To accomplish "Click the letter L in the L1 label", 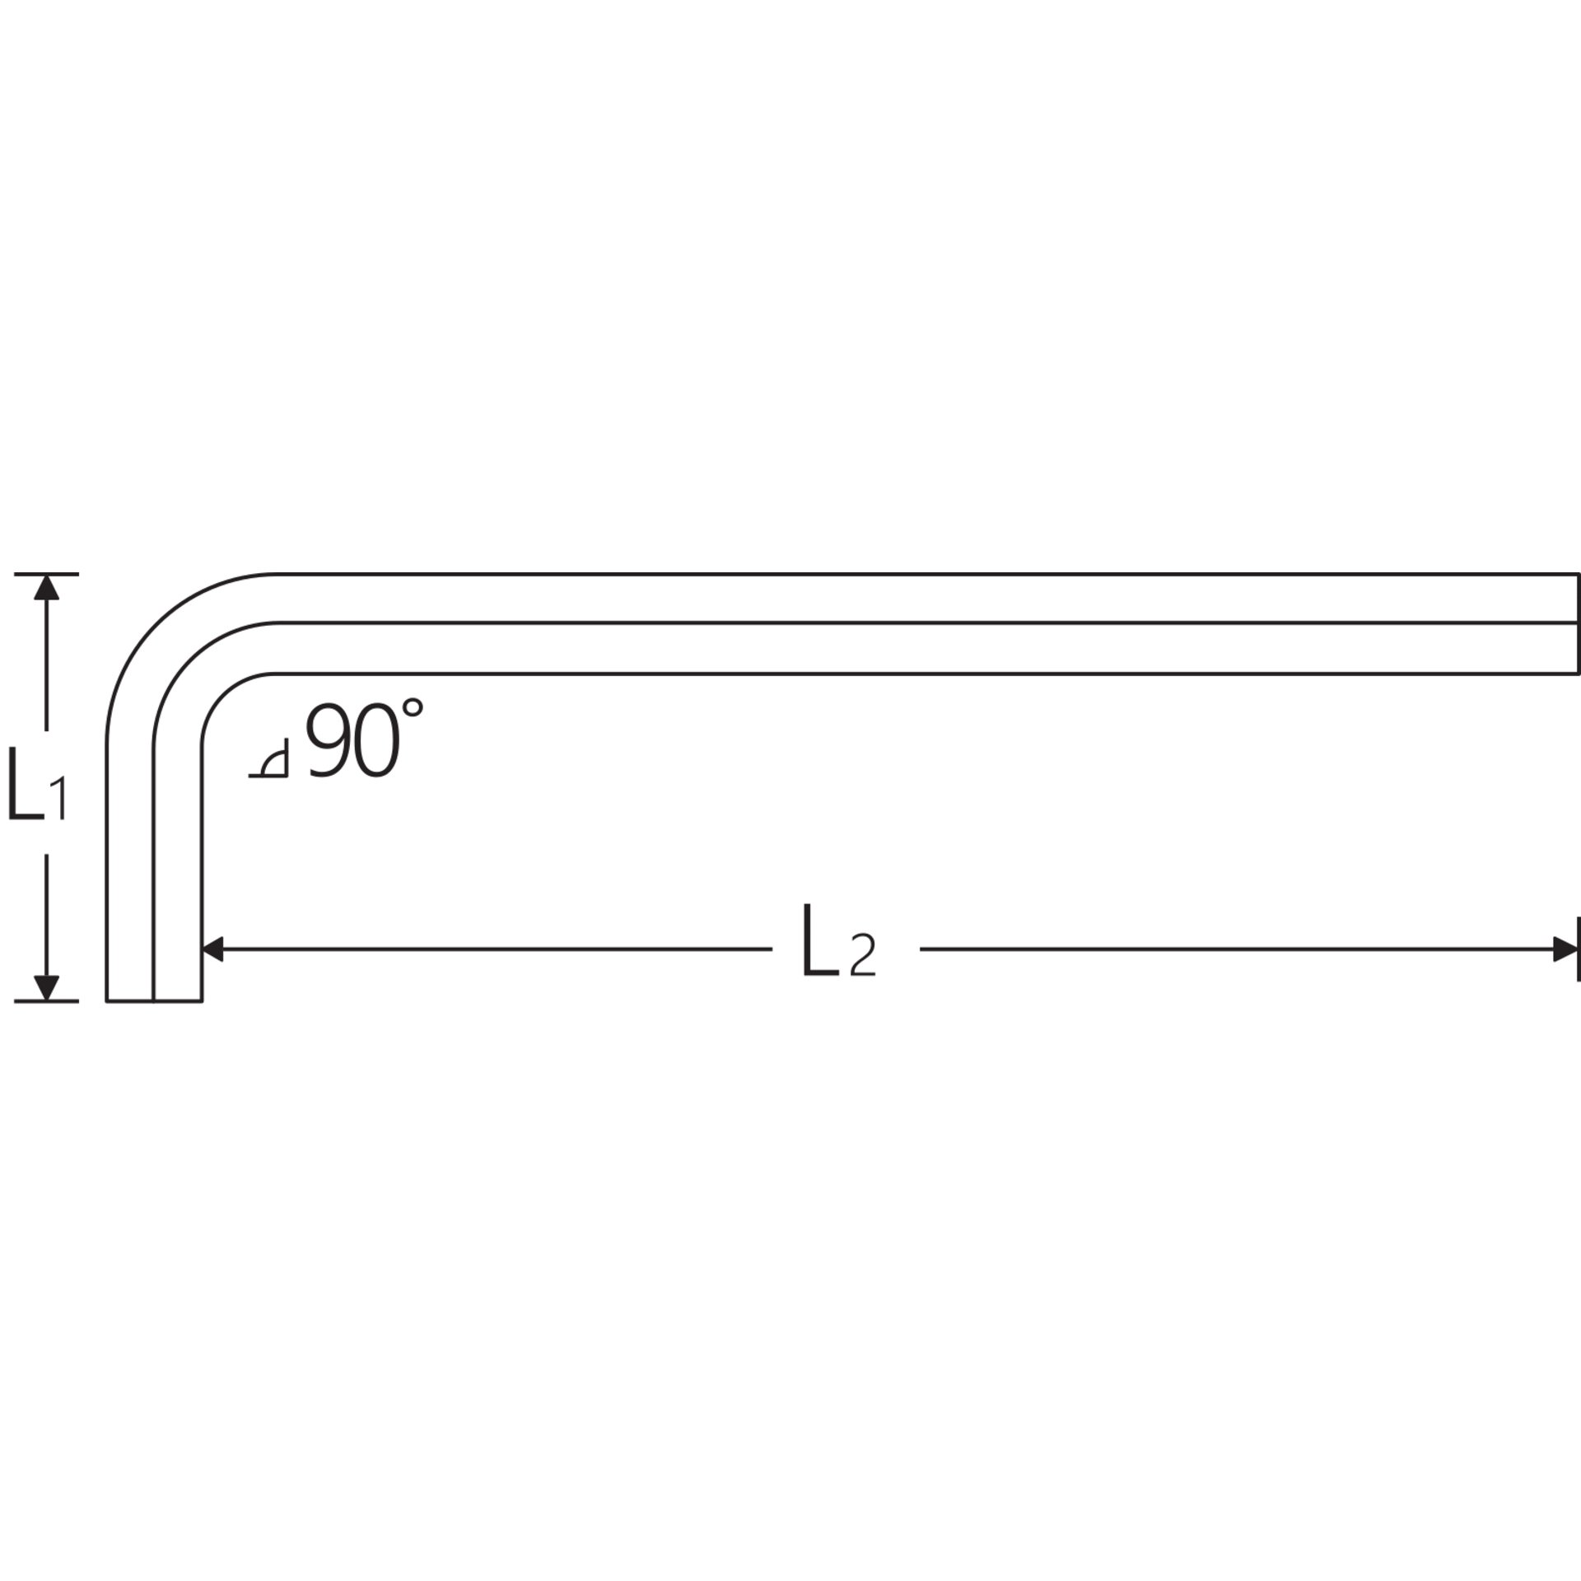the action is tap(25, 783).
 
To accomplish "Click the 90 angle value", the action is tap(352, 740).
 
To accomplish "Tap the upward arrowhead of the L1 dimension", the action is tap(47, 586).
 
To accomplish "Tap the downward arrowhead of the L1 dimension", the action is tap(47, 988).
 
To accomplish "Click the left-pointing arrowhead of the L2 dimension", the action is tap(213, 949).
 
